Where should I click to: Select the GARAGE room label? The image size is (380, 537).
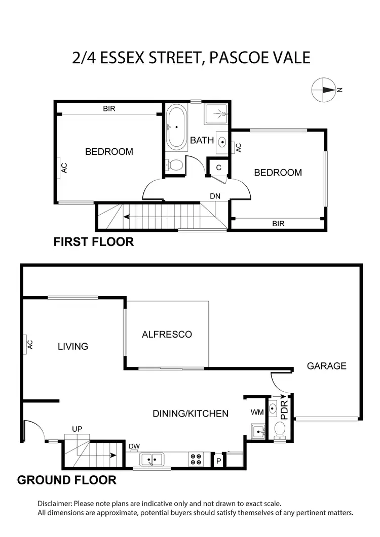pos(326,365)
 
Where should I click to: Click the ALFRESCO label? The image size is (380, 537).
pos(167,334)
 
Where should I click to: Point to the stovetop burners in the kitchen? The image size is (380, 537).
pos(196,459)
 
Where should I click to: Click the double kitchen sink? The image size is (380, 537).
pos(150,460)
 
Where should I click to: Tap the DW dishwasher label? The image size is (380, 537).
pos(134,446)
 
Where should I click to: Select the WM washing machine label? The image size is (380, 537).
pos(257,412)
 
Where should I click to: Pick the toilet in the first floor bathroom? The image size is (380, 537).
pos(175,165)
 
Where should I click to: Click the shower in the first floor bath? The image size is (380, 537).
pos(217,114)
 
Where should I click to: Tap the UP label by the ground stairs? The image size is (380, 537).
pos(77,428)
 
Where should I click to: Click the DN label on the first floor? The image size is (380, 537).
pos(215,196)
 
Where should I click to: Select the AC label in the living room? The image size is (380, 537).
pos(29,345)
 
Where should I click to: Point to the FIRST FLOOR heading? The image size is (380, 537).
pos(94,242)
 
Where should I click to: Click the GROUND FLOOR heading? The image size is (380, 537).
pos(67,480)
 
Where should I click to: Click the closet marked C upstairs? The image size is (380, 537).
pos(218,168)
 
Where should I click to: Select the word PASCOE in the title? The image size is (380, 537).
pos(239,57)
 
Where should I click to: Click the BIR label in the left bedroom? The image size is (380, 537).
pos(109,108)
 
